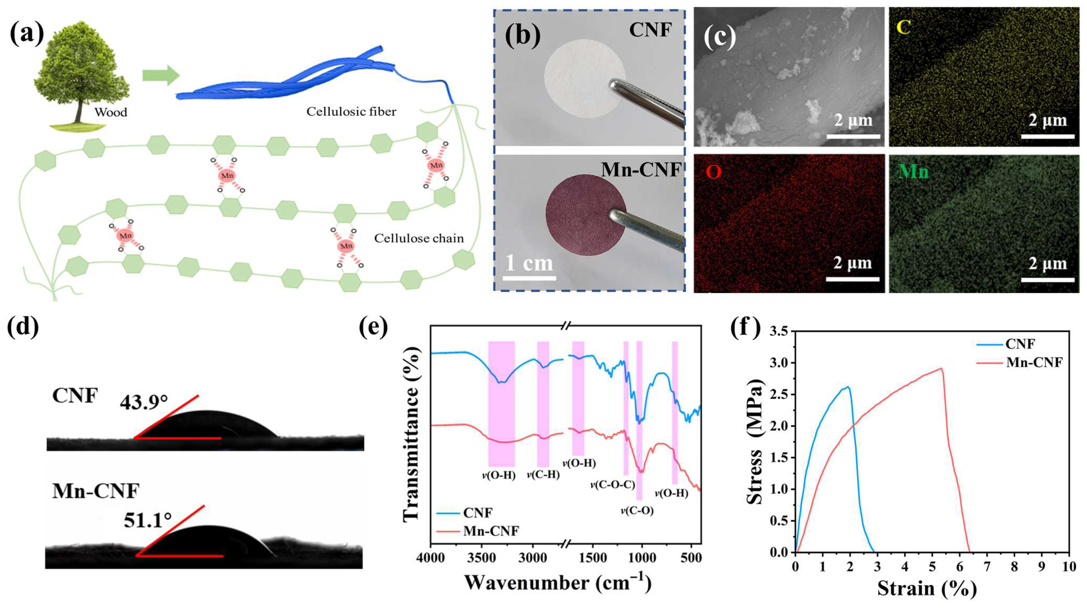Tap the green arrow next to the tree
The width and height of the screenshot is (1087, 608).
click(x=160, y=75)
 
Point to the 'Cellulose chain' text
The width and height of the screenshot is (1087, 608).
click(x=419, y=239)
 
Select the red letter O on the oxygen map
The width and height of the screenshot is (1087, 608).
click(x=713, y=172)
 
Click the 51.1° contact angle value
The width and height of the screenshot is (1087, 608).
click(x=148, y=520)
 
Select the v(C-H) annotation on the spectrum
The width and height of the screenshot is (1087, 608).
click(x=543, y=475)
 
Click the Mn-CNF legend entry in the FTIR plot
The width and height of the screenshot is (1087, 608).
click(x=491, y=531)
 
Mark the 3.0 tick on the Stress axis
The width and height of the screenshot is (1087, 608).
click(x=779, y=363)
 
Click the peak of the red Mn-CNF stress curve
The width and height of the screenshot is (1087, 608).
click(x=941, y=369)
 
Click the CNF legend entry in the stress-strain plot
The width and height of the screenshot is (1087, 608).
click(x=1020, y=344)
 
